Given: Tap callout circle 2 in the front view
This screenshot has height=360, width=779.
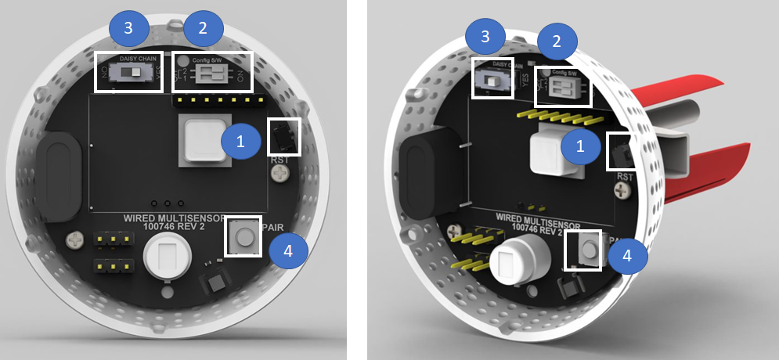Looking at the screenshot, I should pyautogui.click(x=203, y=28).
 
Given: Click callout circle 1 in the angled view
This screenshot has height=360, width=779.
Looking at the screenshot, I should pyautogui.click(x=581, y=146).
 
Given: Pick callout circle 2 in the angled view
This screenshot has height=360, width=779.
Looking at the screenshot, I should pyautogui.click(x=557, y=41).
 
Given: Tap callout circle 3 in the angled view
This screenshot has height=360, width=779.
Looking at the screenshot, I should pyautogui.click(x=485, y=36).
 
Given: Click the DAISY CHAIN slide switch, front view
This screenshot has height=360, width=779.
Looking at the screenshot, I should pyautogui.click(x=132, y=73).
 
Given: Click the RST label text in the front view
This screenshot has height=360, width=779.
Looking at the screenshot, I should pyautogui.click(x=280, y=160).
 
